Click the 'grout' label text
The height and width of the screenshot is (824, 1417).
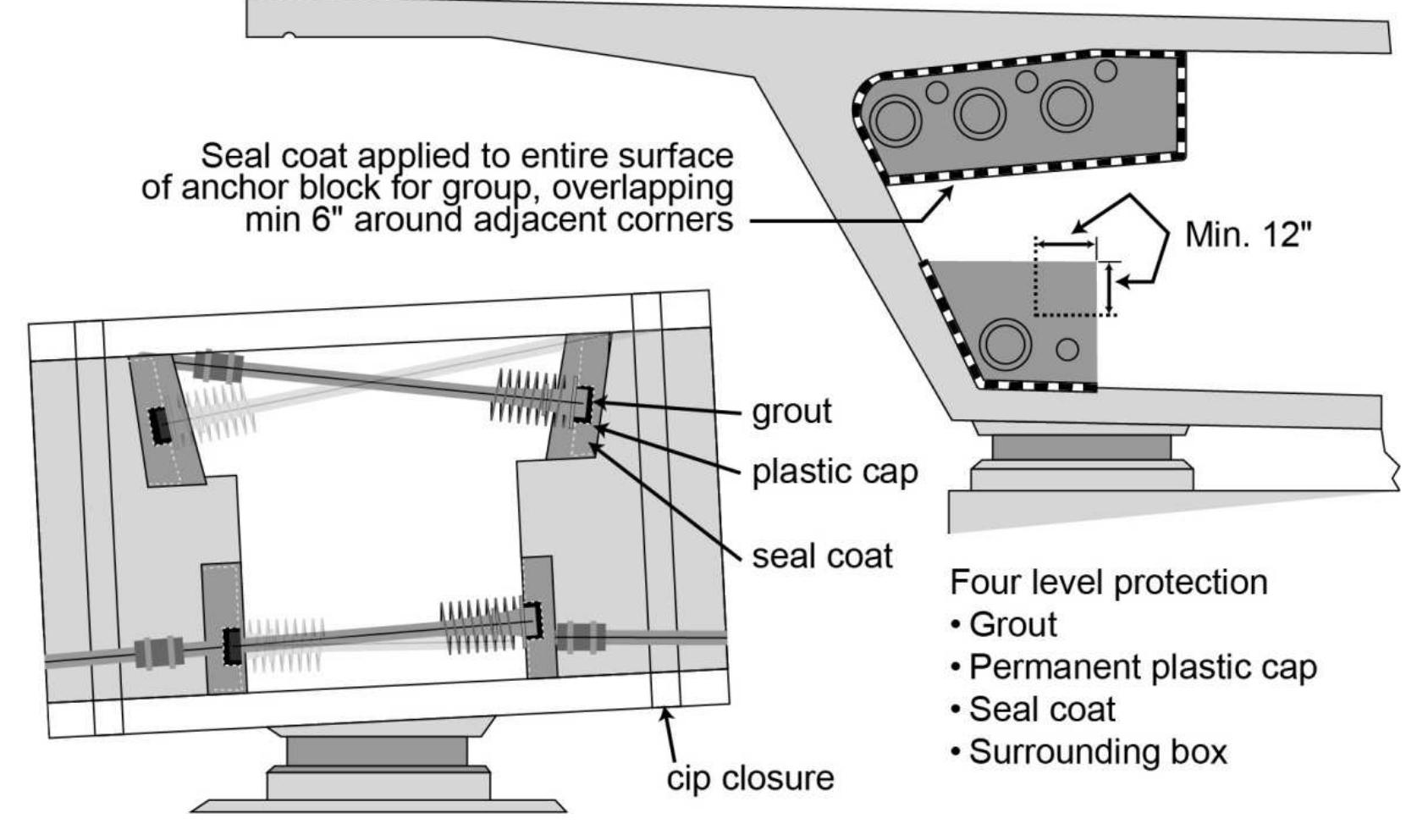(x=791, y=412)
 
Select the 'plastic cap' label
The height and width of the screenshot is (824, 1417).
(x=835, y=472)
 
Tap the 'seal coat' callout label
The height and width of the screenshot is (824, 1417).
(x=822, y=556)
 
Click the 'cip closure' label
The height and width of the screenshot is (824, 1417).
(x=750, y=777)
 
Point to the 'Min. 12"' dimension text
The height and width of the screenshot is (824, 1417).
(x=1249, y=234)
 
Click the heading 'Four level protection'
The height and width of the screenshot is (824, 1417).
(x=1108, y=583)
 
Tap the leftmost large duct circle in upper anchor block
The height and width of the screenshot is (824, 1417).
(x=896, y=119)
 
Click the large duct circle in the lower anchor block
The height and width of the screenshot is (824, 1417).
(x=1005, y=344)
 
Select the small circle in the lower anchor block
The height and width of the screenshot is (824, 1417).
(x=1067, y=349)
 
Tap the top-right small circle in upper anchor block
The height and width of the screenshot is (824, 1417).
(x=1105, y=70)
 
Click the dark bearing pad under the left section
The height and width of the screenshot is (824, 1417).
(x=376, y=750)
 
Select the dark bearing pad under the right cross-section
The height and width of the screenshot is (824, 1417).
(x=1082, y=447)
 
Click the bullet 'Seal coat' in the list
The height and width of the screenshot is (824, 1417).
(x=1042, y=710)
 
